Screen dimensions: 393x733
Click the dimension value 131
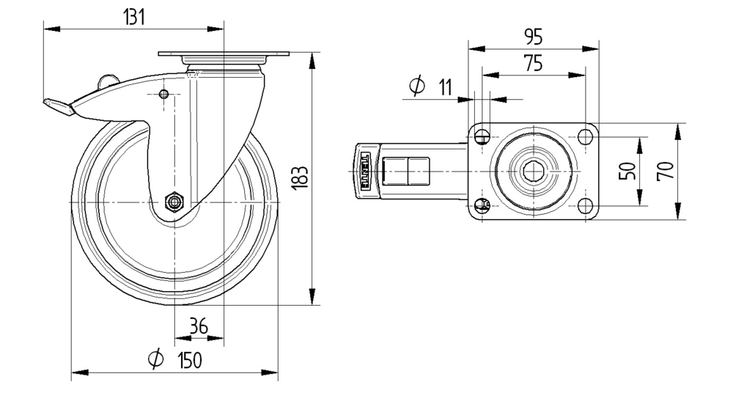[x=133, y=18]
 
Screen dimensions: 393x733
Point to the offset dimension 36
[x=199, y=326]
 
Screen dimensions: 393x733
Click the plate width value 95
[x=533, y=37]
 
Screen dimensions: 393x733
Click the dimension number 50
[x=626, y=171]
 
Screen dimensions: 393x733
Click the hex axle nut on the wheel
[x=175, y=201]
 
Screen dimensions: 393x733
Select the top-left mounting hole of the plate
[x=482, y=136]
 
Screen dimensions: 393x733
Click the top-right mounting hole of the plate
[x=585, y=136]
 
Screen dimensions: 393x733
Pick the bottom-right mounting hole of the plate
[x=585, y=206]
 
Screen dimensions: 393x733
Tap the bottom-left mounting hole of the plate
[x=482, y=206]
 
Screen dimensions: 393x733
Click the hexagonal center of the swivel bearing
[x=534, y=171]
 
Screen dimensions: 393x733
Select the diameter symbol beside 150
[x=155, y=359]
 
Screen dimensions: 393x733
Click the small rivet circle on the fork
[x=163, y=94]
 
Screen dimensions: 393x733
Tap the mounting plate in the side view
[x=224, y=55]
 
